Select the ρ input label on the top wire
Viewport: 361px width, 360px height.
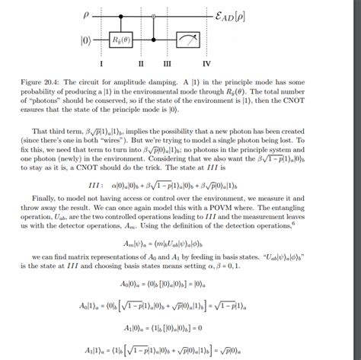point(86,13)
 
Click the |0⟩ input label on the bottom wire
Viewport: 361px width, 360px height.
point(86,37)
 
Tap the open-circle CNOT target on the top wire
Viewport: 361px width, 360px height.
point(154,14)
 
